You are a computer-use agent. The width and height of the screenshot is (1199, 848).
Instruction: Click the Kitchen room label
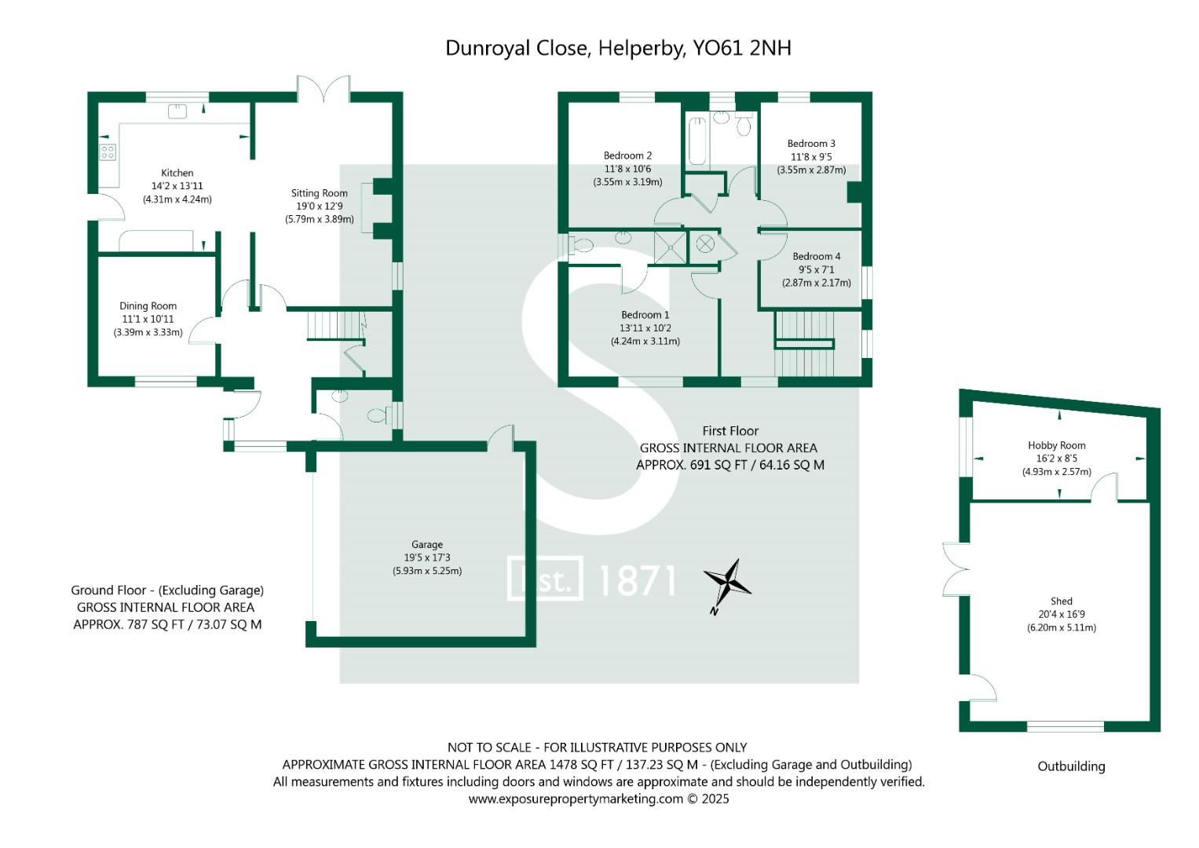(x=177, y=173)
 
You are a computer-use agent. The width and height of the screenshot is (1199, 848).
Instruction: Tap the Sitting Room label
(x=319, y=193)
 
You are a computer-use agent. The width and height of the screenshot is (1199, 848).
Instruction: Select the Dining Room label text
(x=148, y=306)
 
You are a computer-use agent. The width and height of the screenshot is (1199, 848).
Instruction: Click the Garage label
(x=427, y=544)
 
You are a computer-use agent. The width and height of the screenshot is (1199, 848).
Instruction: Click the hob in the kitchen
(x=108, y=152)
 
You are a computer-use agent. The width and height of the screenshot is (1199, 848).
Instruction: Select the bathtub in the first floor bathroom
(x=697, y=141)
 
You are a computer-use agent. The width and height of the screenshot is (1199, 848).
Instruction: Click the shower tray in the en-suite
(x=671, y=245)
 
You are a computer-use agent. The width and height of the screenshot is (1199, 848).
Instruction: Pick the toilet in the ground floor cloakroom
(x=377, y=415)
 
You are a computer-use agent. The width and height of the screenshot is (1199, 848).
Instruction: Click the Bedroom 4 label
(x=816, y=257)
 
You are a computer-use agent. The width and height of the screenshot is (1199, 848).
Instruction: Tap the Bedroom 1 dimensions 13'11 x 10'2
(x=645, y=328)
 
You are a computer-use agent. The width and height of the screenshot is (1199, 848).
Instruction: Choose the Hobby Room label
(x=1056, y=445)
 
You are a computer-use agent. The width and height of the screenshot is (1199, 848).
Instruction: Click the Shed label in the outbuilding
(x=1061, y=601)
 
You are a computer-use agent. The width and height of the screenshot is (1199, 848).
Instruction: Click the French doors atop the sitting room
(x=324, y=88)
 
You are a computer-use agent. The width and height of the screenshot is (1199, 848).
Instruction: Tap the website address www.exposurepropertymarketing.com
(x=576, y=799)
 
